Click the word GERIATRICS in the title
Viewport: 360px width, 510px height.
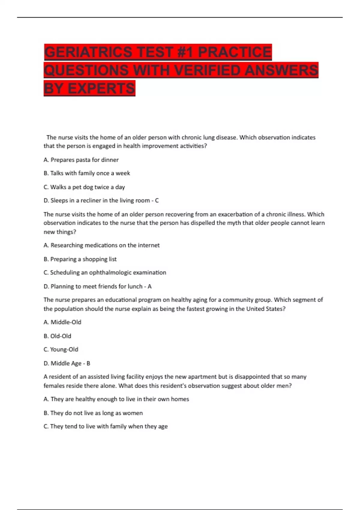(x=88, y=52)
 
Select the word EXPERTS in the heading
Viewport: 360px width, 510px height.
(x=101, y=88)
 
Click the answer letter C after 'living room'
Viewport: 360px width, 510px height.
(x=157, y=200)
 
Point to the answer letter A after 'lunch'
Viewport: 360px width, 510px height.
(x=149, y=286)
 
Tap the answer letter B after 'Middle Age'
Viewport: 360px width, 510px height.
(x=88, y=363)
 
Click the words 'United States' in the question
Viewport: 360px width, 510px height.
(x=264, y=309)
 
